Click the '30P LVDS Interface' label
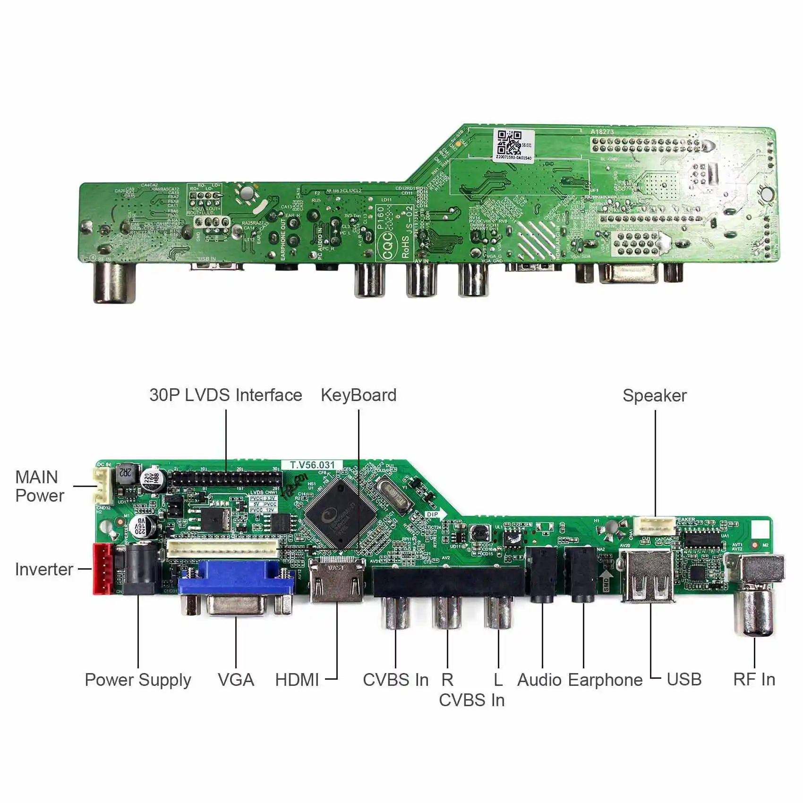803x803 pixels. click(x=225, y=395)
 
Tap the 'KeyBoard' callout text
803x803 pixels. click(x=359, y=395)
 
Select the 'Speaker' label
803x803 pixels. click(x=654, y=395)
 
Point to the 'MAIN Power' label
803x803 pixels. click(x=39, y=486)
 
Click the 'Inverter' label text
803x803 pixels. click(x=44, y=569)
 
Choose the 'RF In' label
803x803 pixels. click(x=754, y=679)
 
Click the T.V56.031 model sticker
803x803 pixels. click(x=312, y=465)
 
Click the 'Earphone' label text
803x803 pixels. click(x=605, y=680)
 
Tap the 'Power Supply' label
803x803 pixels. click(x=138, y=680)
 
